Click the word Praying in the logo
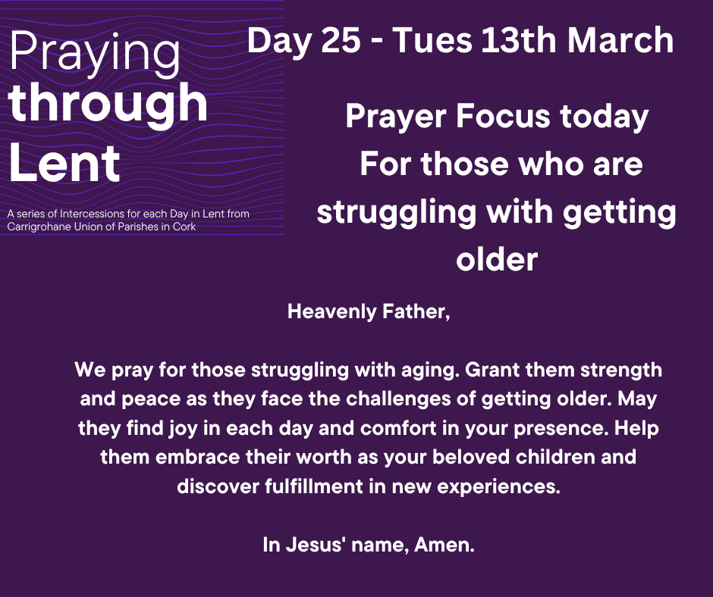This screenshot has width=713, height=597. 95,54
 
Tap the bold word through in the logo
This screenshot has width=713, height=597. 108,104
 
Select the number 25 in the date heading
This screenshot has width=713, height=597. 341,40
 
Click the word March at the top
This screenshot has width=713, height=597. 620,40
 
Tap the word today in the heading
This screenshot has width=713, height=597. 604,117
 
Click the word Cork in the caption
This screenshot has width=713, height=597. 184,227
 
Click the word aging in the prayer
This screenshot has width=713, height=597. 430,370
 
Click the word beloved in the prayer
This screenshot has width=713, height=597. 471,457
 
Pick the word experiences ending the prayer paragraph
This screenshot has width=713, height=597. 499,487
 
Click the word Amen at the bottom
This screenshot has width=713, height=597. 444,545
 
